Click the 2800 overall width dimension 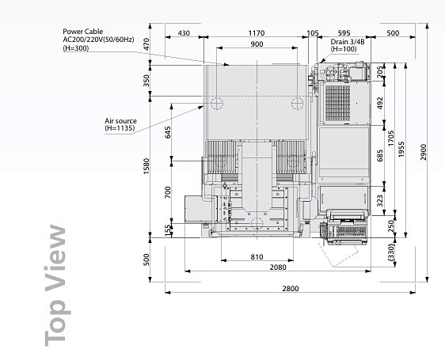[x=291, y=289]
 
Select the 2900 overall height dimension [x=423, y=153]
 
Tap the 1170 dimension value [x=257, y=33]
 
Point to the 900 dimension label [x=257, y=44]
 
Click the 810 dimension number [x=257, y=256]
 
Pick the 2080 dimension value [x=278, y=267]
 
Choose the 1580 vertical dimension [x=146, y=166]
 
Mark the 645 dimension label [x=168, y=132]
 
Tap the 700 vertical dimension [x=168, y=192]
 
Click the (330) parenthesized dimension [x=391, y=252]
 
